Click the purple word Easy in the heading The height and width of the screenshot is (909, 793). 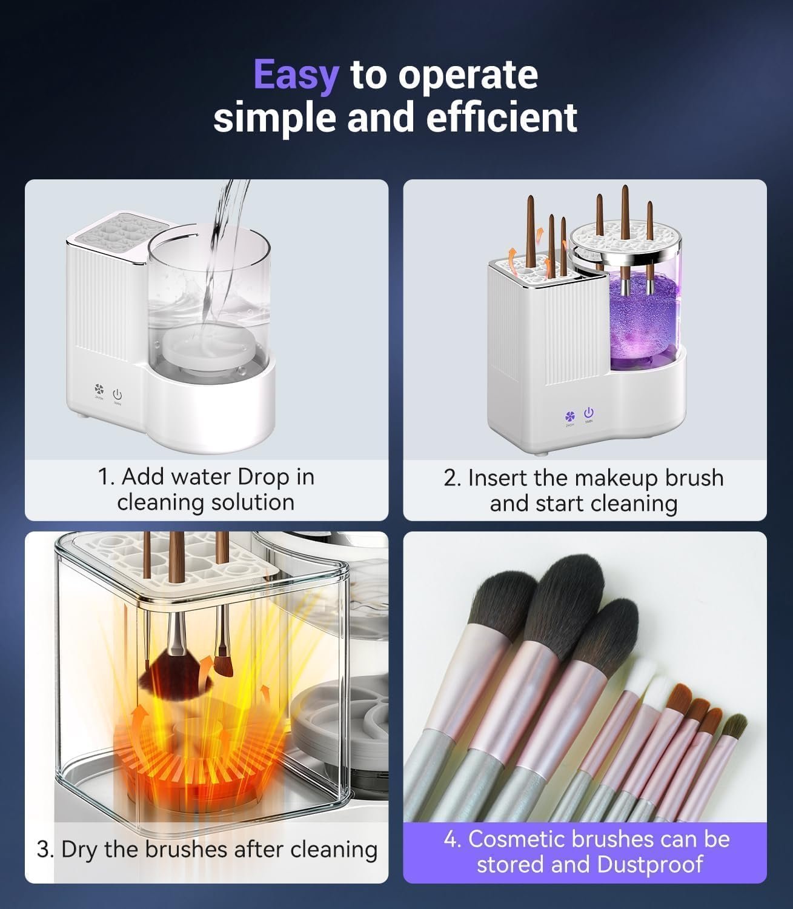(296, 76)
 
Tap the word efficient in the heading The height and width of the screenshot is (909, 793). (501, 118)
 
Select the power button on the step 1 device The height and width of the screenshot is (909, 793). (117, 394)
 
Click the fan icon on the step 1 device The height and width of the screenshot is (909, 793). (99, 389)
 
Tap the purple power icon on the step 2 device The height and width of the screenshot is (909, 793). (589, 412)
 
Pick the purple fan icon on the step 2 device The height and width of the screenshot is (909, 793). (569, 416)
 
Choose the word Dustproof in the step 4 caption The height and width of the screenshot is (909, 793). (649, 865)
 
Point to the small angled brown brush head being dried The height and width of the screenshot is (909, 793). (224, 667)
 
